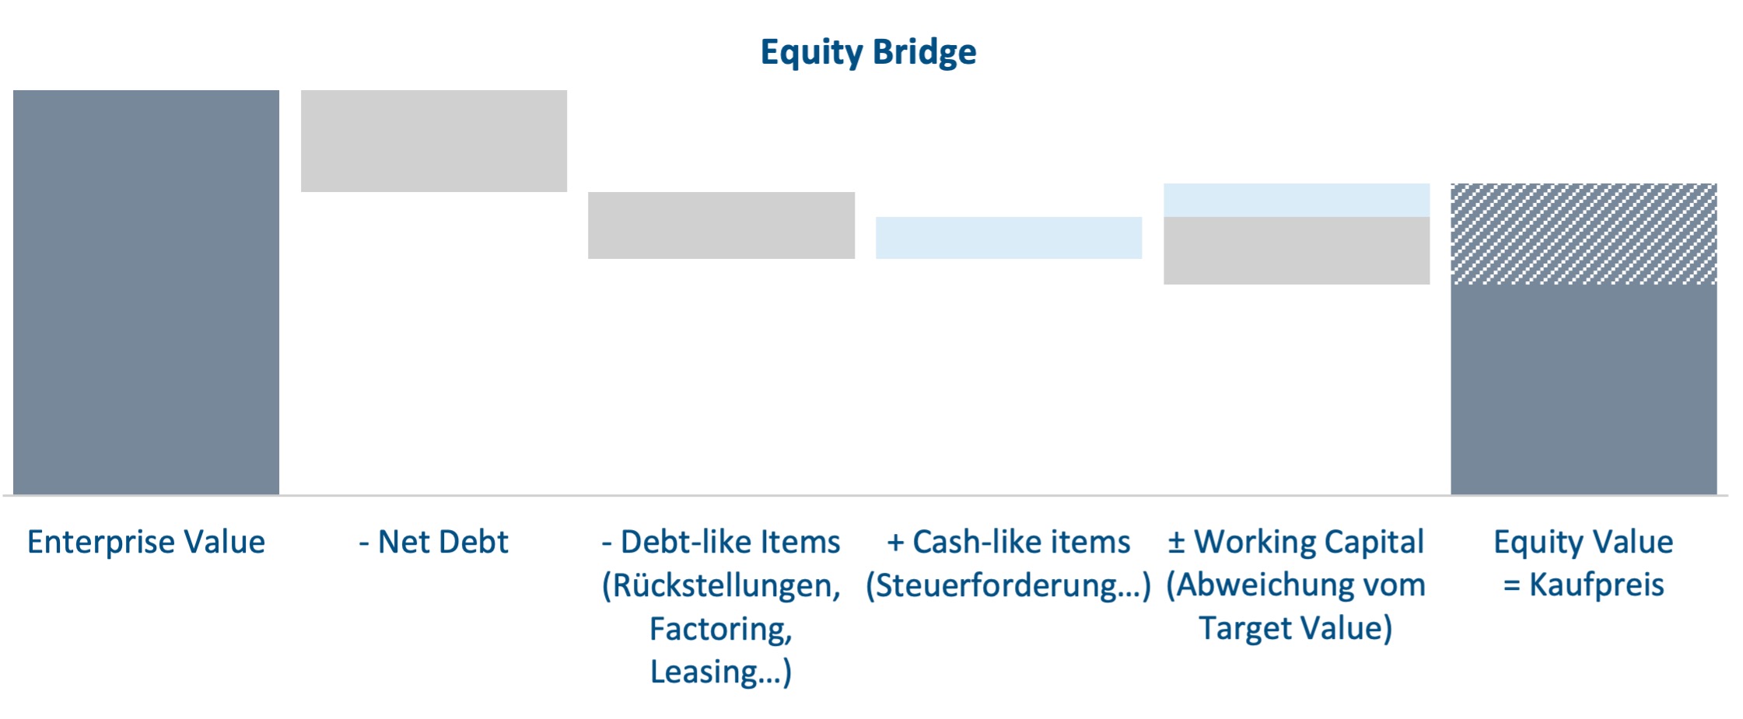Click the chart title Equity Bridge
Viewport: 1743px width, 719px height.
click(x=868, y=53)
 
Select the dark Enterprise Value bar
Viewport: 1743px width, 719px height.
click(x=146, y=292)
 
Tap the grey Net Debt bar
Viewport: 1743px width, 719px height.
click(x=434, y=141)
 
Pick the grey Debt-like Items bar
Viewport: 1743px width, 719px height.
click(x=721, y=225)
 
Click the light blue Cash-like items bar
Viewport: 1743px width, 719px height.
click(x=1009, y=238)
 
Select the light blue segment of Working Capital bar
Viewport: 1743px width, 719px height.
click(x=1297, y=201)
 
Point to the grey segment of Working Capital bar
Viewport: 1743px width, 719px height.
click(x=1297, y=250)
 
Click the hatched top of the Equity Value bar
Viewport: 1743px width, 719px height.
click(x=1584, y=234)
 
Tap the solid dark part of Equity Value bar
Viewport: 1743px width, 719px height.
click(x=1584, y=389)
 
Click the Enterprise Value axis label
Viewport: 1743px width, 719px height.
click(x=146, y=542)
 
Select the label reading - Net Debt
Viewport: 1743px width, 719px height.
click(x=433, y=542)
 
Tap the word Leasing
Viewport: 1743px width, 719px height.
click(x=704, y=672)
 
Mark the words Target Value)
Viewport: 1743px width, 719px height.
click(x=1296, y=628)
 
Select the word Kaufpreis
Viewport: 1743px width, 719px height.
click(x=1597, y=585)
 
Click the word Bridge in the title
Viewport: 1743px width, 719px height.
click(x=924, y=53)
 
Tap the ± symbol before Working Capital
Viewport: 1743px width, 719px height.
click(x=1176, y=543)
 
